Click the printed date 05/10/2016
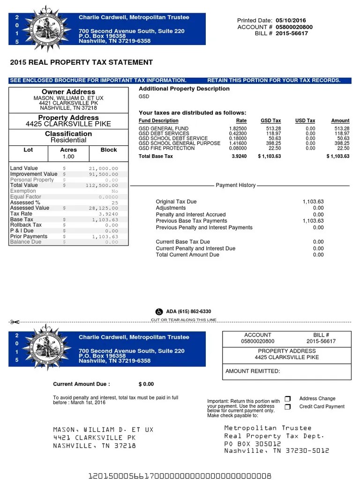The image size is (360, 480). pos(291,21)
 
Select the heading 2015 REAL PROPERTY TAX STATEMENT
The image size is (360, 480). pos(82,62)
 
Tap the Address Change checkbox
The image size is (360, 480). pos(288,399)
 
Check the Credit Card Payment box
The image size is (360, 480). pos(288,407)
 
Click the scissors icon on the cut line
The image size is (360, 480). pos(14,322)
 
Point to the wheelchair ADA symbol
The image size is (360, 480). pos(159,311)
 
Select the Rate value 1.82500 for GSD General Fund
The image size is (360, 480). pos(238,128)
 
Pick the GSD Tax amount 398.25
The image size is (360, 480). pos(272,143)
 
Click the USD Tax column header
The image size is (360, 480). pos(305,121)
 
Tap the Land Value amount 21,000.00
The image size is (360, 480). pos(104,169)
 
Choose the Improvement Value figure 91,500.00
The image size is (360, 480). pos(104,174)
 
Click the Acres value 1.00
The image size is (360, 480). pos(68,157)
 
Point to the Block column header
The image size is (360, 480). pos(109,150)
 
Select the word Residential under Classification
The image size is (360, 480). pos(68,140)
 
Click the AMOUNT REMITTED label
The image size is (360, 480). pos(253,371)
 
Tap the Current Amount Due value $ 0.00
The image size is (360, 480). pos(146,384)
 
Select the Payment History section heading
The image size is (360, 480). pos(235,185)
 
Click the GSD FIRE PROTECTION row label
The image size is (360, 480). pos(166,148)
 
